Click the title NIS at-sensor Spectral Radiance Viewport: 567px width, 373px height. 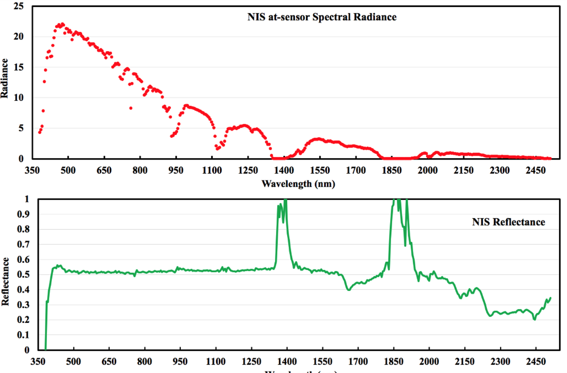pos(322,17)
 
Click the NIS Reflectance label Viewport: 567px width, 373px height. pos(508,222)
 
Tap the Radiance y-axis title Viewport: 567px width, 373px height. pos(4,78)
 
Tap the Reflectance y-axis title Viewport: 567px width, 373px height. pos(5,282)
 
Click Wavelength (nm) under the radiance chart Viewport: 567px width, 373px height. pos(298,184)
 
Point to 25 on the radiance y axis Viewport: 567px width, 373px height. pos(18,6)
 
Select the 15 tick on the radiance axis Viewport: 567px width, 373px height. pos(18,67)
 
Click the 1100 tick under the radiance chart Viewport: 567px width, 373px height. pos(212,170)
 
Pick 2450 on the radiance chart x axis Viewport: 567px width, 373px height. pos(535,170)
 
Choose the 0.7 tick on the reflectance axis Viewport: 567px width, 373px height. pos(23,244)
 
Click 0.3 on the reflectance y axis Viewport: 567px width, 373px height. pos(23,305)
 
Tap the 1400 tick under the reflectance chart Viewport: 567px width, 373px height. pos(287,361)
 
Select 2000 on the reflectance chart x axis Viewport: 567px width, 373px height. pos(429,361)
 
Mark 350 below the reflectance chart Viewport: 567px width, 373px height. pos(38,361)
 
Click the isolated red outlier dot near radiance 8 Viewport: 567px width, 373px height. pos(131,108)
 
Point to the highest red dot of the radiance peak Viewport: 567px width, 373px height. pos(62,24)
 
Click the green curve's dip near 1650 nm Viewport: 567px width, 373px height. pos(349,290)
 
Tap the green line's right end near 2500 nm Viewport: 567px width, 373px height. pos(550,298)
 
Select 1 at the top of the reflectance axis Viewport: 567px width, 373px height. pos(27,199)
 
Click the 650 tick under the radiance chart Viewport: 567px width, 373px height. pos(104,170)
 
